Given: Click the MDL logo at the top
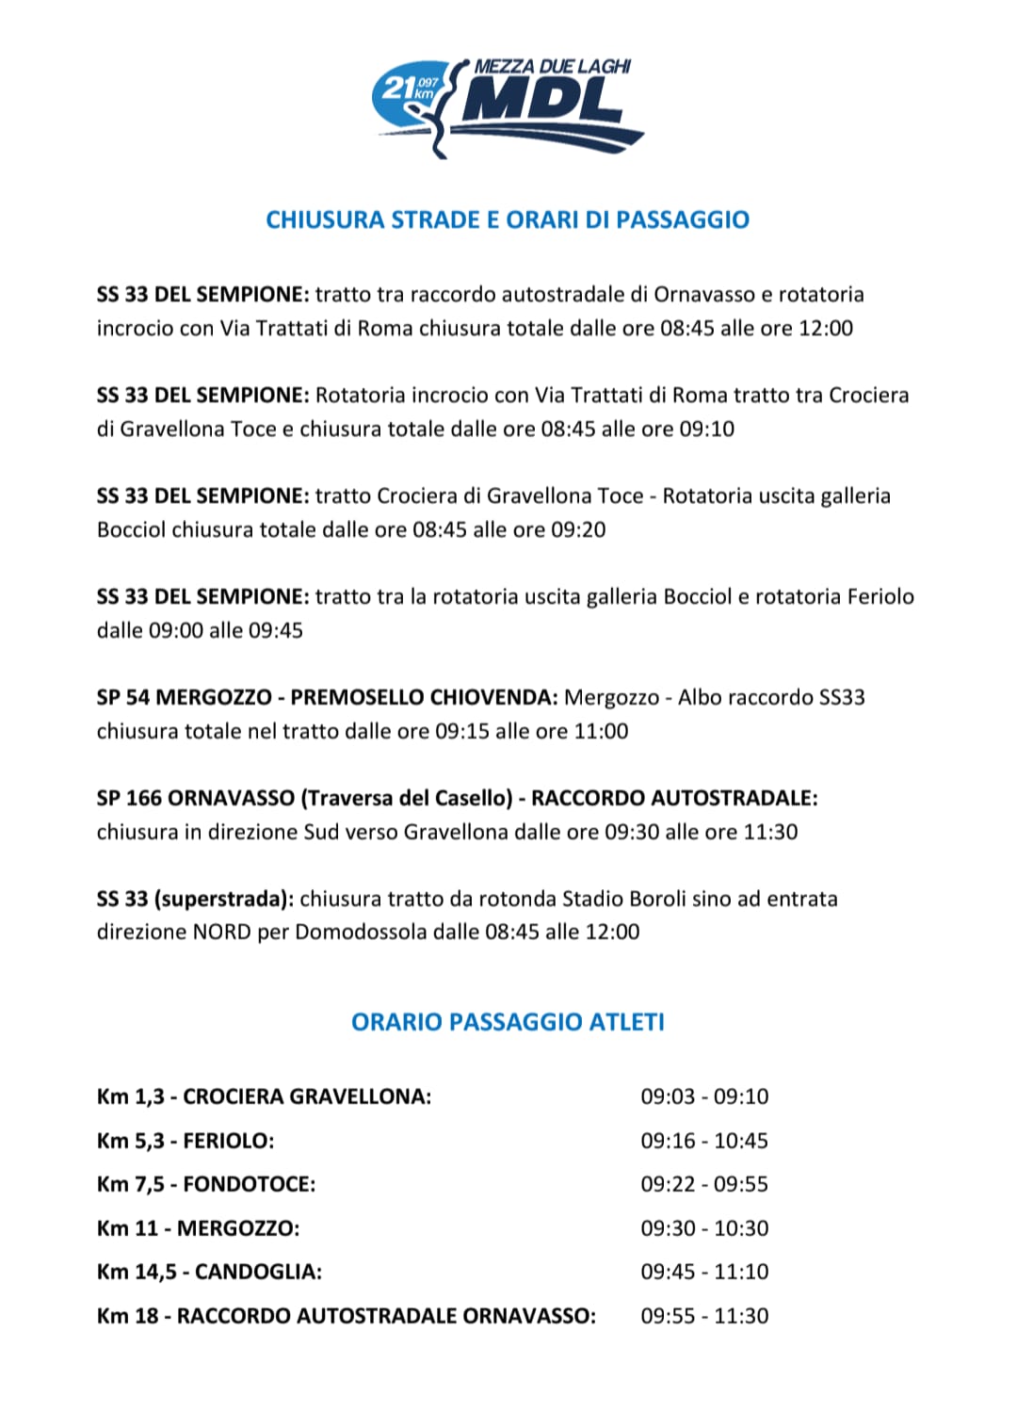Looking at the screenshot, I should (509, 106).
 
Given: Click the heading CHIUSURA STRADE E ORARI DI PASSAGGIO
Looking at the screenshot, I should (508, 219).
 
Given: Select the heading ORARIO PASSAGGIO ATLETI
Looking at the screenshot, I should (508, 1022).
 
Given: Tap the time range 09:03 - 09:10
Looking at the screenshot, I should (704, 1096).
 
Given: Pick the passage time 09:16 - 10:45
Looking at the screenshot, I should (704, 1141).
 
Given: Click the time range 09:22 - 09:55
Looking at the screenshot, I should (704, 1184).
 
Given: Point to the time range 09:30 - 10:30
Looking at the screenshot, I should (704, 1228).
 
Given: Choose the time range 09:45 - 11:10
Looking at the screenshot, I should (704, 1272).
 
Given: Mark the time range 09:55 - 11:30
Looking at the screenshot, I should (704, 1316).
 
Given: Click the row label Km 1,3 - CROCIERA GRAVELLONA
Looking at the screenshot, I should (264, 1096).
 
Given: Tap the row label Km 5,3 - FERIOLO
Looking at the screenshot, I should (186, 1141).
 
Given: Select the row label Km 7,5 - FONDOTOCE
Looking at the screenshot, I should (206, 1184).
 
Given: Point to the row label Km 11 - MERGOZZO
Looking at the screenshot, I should (198, 1228).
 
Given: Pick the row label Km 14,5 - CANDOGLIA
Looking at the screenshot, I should (209, 1272).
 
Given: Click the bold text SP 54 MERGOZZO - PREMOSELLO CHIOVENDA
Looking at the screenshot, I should (327, 698).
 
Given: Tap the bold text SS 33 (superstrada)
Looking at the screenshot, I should (195, 899).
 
